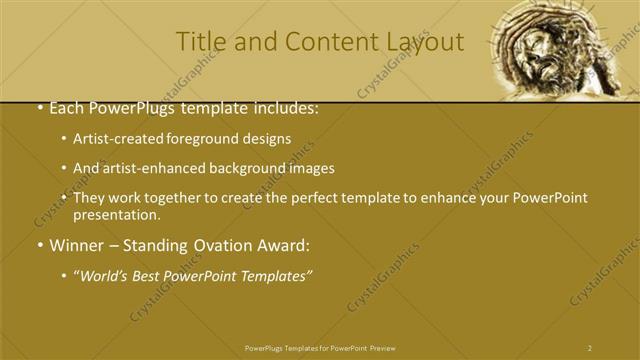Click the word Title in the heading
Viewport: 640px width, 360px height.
197,42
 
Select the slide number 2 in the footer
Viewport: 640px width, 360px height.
590,348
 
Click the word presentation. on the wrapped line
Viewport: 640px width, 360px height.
117,214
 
